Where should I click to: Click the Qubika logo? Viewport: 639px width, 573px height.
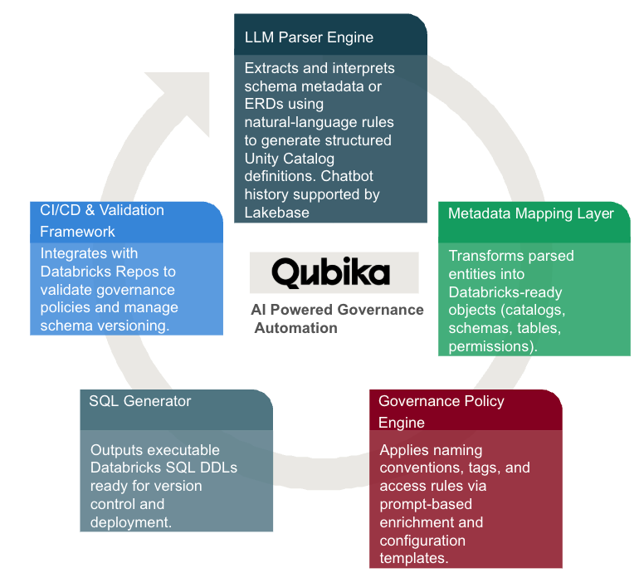(334, 273)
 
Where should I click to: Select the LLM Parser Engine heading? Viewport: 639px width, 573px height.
(309, 37)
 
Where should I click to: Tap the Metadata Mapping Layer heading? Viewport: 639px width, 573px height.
(531, 213)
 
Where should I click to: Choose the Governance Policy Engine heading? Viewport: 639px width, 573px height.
(441, 412)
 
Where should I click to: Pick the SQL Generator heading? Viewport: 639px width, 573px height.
(140, 401)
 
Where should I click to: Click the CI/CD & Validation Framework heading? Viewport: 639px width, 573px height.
(102, 221)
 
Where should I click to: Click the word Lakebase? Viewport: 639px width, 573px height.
(276, 213)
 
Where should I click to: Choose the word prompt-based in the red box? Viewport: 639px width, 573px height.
(425, 504)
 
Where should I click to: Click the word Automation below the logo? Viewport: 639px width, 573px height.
(296, 328)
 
